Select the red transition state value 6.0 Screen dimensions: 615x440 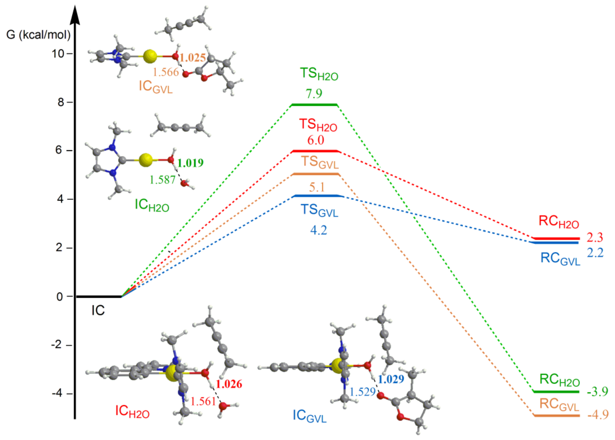(316, 140)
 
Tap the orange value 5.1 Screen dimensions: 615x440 (317, 187)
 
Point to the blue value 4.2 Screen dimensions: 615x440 (319, 230)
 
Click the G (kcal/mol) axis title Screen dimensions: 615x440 (38, 35)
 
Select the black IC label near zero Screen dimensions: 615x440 (98, 310)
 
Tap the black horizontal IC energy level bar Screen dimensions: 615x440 (99, 297)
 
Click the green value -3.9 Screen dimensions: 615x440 (597, 391)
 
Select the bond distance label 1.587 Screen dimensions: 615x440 (162, 180)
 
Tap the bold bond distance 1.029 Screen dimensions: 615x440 (391, 379)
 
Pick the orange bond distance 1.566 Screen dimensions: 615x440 (166, 72)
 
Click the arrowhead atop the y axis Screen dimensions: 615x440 (75, 15)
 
